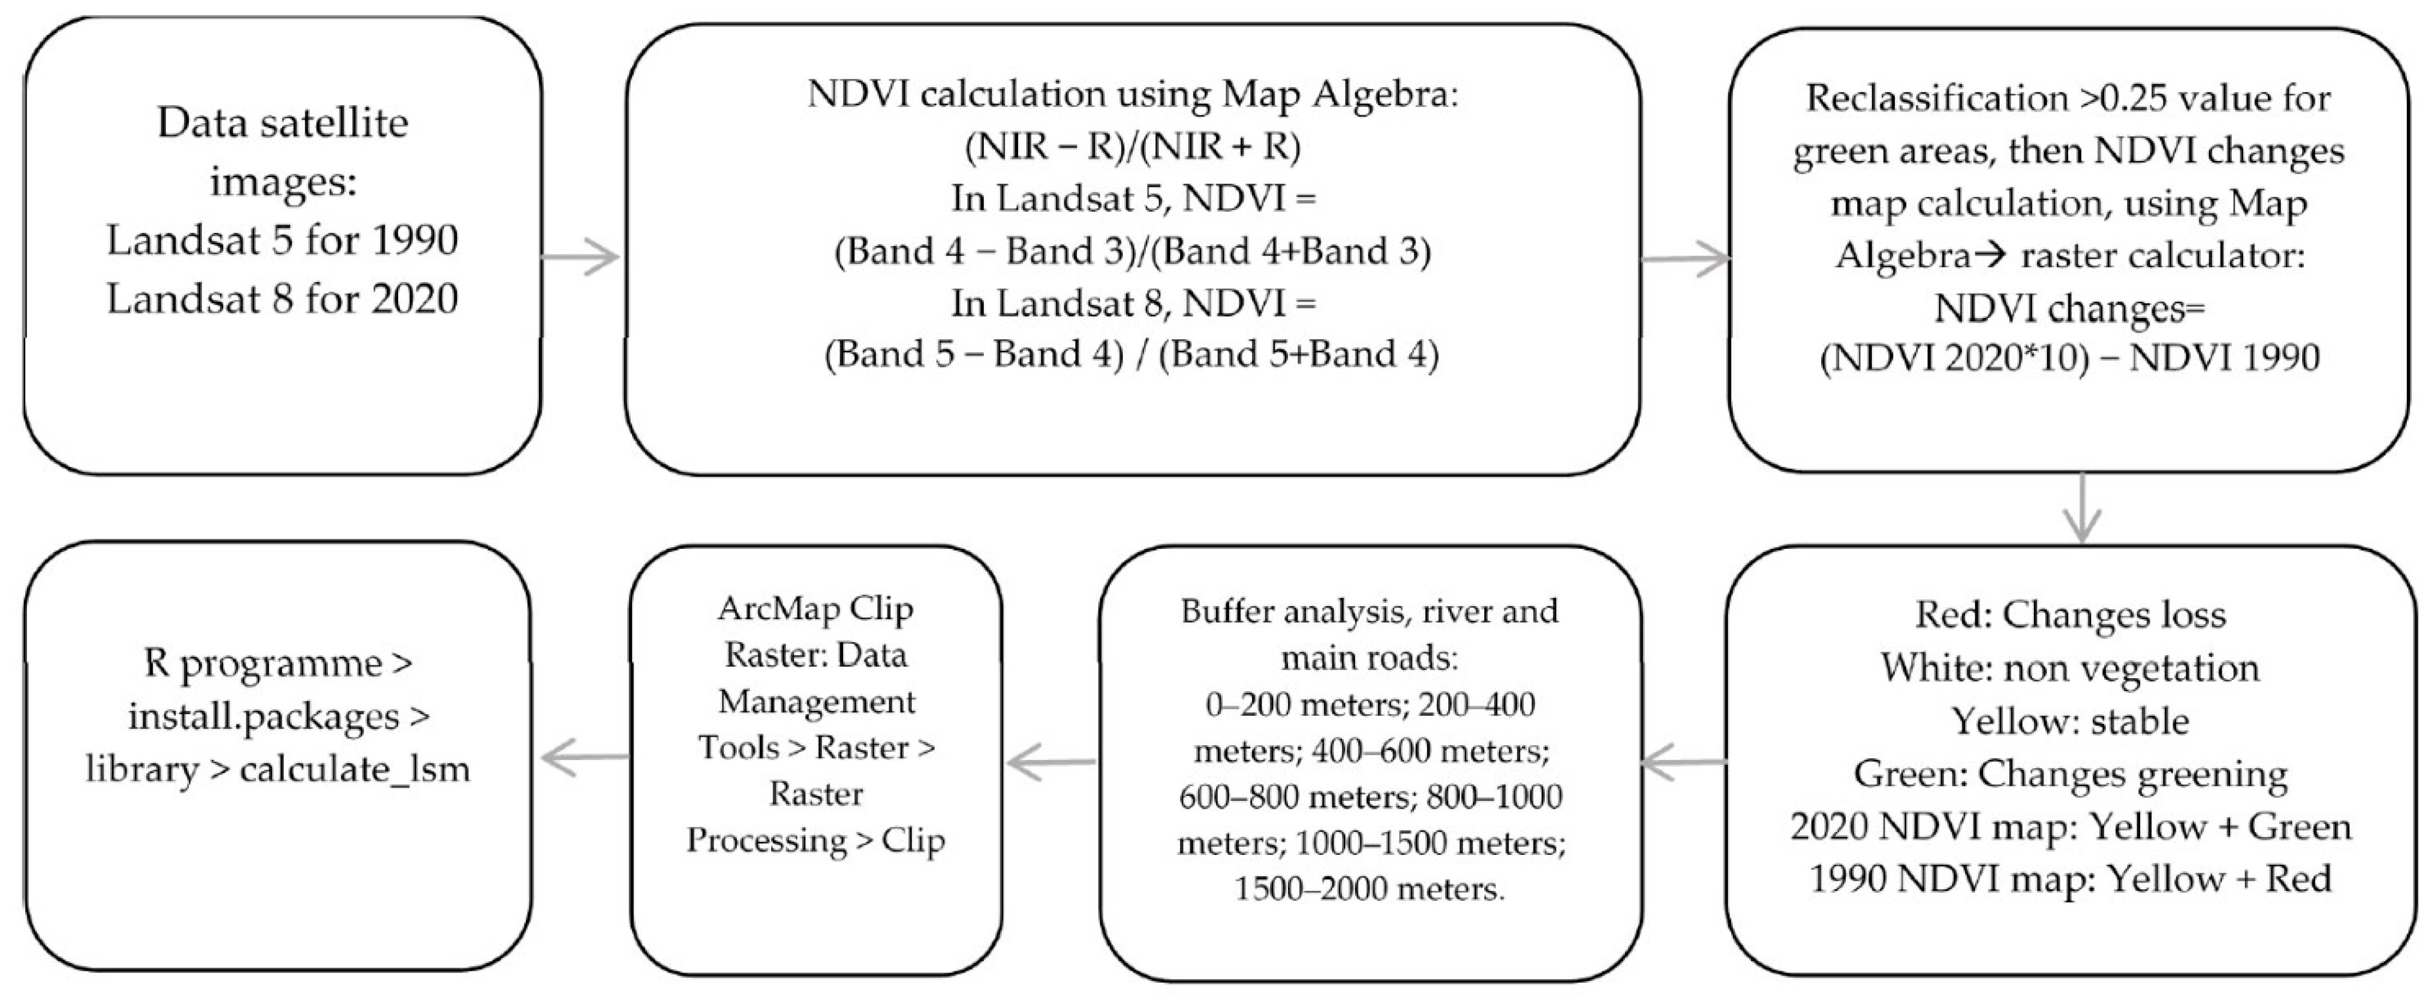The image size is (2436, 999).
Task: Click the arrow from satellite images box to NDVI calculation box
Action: (580, 257)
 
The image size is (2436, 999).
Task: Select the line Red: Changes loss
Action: (2070, 615)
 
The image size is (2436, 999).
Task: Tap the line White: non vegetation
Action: (2070, 668)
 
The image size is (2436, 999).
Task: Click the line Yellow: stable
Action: (2070, 721)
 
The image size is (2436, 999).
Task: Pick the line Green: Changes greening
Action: (2070, 774)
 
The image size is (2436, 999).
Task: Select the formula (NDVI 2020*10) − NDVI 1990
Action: (2069, 357)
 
